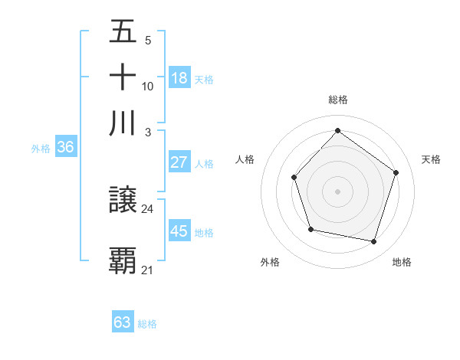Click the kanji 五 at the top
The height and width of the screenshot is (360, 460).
[x=123, y=32]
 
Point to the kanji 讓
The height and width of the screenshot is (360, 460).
[x=123, y=201]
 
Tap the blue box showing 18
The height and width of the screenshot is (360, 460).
[x=179, y=77]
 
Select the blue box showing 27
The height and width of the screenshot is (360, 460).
[x=179, y=162]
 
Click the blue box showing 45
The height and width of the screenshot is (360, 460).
[x=179, y=231]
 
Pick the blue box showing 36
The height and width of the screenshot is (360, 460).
[x=65, y=148]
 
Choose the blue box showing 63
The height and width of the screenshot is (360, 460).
[x=123, y=322]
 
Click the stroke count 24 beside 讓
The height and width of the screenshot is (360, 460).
[x=147, y=208]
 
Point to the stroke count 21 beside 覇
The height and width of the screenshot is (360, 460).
[x=147, y=270]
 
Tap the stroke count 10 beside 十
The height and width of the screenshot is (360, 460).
[x=147, y=87]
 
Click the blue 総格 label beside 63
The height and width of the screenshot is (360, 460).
[x=147, y=324]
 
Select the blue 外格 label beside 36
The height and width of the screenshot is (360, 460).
[x=41, y=149]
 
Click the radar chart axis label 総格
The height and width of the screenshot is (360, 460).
[x=338, y=100]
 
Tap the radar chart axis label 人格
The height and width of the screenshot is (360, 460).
[x=245, y=159]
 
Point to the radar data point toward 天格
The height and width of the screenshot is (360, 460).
[x=396, y=172]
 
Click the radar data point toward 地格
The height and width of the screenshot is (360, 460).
[x=374, y=242]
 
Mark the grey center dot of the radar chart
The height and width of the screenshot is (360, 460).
[x=337, y=191]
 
